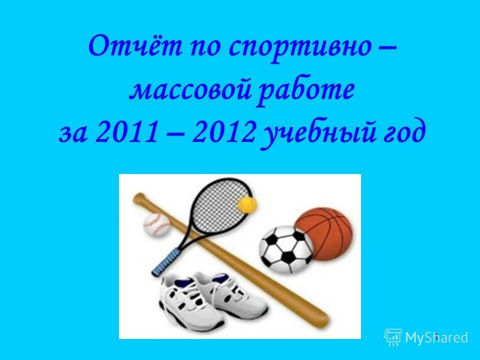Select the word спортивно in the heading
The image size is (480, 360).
295,48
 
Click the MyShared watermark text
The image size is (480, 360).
436,337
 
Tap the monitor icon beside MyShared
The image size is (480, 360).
393,337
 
